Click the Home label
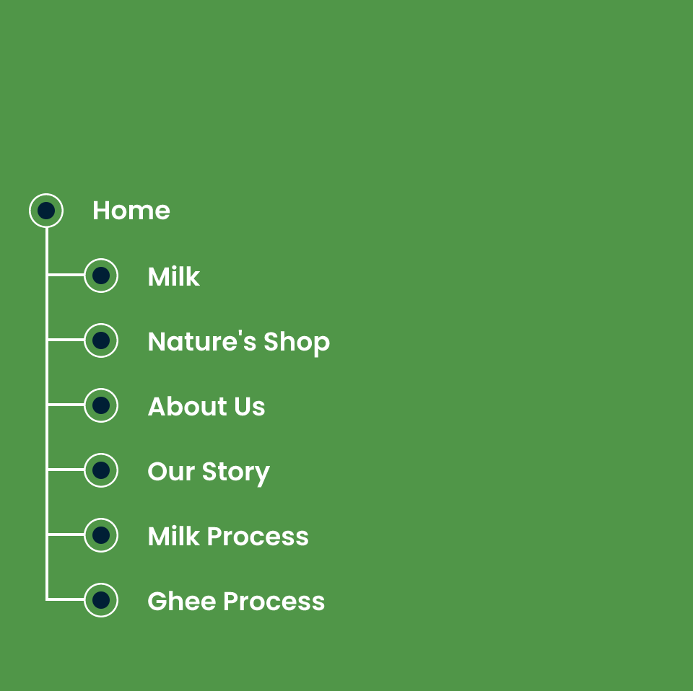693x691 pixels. [x=131, y=211]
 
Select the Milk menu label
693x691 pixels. [x=174, y=277]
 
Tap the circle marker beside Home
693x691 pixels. [x=46, y=211]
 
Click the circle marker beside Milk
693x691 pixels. [x=101, y=276]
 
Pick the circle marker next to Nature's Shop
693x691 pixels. [x=101, y=340]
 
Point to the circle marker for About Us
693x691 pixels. [x=101, y=405]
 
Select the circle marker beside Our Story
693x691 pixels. [x=101, y=470]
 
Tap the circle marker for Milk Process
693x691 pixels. [x=101, y=535]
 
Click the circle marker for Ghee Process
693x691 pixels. [x=101, y=600]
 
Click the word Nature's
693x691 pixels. [x=202, y=341]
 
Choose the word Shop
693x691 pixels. [x=297, y=343]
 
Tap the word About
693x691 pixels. [x=188, y=406]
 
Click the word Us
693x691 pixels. [x=250, y=406]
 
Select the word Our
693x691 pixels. [x=171, y=472]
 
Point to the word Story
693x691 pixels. [x=236, y=473]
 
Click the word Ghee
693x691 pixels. [x=182, y=602]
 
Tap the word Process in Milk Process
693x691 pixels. [x=258, y=537]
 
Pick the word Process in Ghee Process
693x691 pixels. [x=274, y=602]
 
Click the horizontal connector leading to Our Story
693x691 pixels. [x=66, y=470]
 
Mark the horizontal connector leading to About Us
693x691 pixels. [x=66, y=405]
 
